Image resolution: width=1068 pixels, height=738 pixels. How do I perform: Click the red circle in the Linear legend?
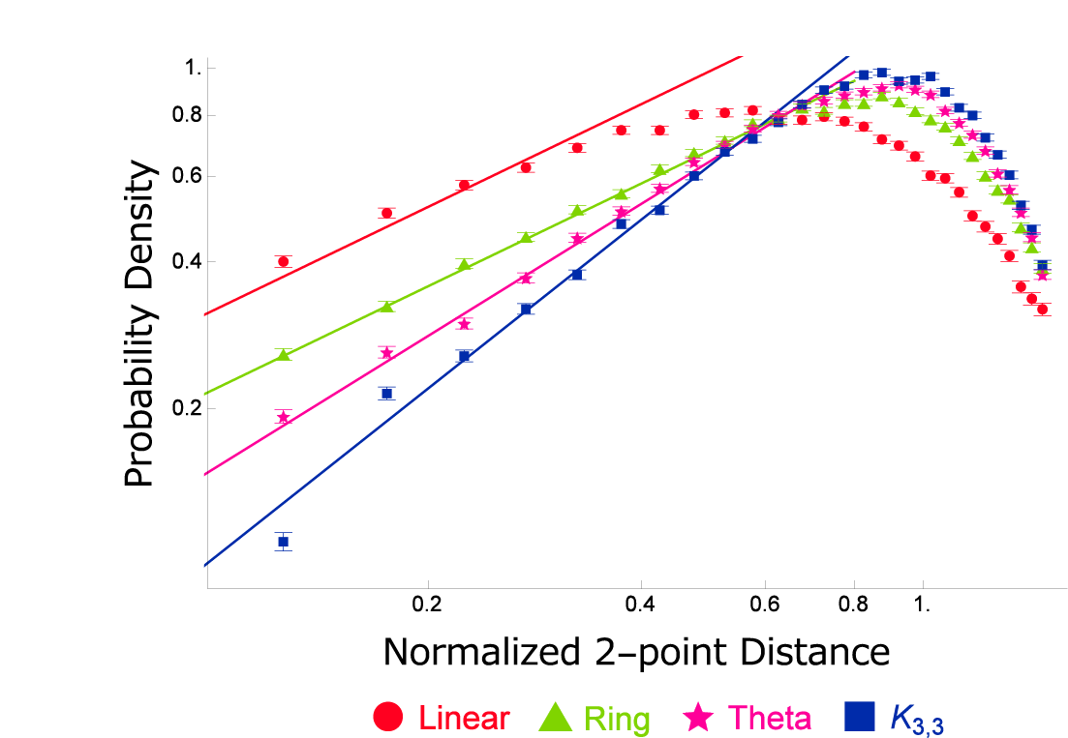coord(387,717)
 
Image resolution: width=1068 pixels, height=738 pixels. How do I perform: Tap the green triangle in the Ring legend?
coord(557,717)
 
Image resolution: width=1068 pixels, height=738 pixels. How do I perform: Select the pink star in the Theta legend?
coord(699,717)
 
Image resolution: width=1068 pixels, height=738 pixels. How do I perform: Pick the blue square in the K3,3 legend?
coord(860,717)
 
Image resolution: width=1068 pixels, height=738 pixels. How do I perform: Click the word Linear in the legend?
coord(464,718)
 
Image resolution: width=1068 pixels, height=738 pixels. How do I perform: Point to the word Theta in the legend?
coord(770,718)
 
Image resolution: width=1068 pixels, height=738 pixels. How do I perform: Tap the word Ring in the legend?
coord(618,719)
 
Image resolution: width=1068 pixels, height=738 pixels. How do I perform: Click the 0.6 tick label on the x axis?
coord(765,605)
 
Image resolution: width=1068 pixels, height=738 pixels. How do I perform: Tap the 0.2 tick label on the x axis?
coord(426,605)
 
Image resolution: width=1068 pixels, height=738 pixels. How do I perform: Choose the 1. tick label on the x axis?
coord(923,605)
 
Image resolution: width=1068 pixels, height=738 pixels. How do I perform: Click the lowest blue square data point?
coord(283,542)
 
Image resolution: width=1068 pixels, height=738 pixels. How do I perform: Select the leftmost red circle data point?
coord(283,261)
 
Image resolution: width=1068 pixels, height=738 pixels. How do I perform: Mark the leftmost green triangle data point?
coord(283,354)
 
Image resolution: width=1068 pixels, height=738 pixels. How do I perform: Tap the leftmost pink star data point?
coord(283,418)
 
